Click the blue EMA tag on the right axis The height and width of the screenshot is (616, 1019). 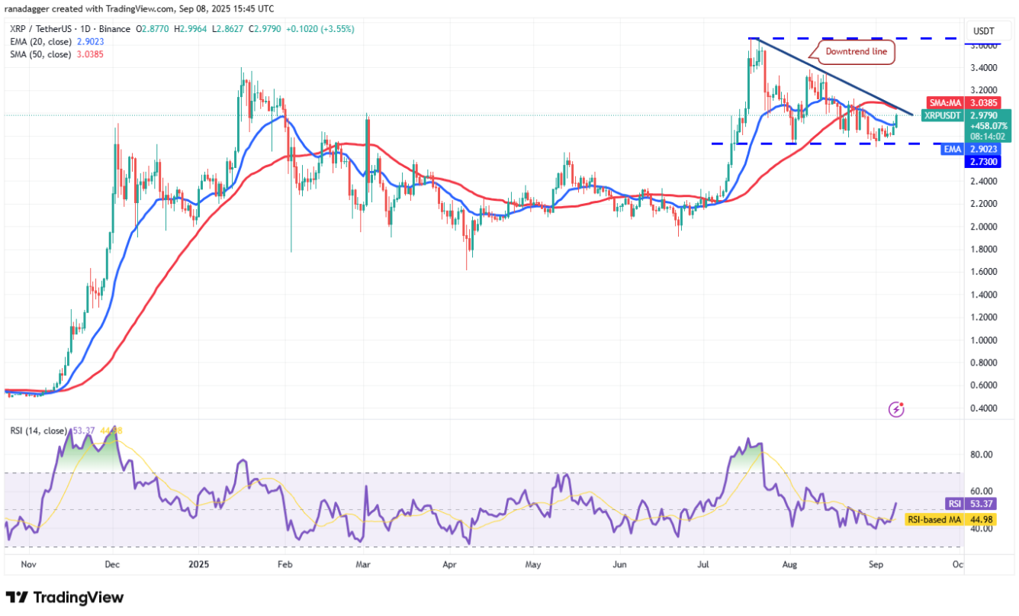point(953,150)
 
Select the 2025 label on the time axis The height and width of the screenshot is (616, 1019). point(199,565)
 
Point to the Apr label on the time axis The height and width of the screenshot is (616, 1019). point(449,565)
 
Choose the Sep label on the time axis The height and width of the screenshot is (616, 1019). point(876,565)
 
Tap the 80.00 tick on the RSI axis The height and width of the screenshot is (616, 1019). point(982,454)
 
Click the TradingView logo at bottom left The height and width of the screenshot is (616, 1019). point(64,597)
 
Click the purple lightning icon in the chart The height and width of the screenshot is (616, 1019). point(897,410)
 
